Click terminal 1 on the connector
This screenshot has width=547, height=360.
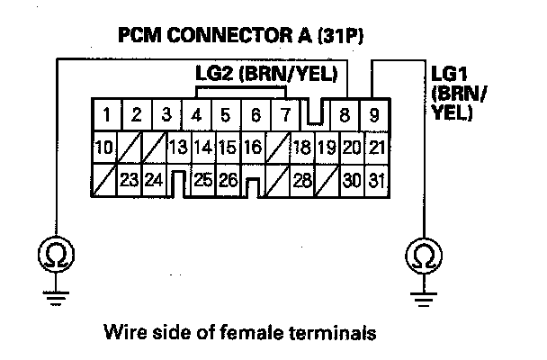(x=106, y=115)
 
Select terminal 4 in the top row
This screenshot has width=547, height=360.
(x=197, y=115)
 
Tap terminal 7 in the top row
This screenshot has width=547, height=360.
(x=285, y=115)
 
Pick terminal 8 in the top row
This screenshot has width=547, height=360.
(x=346, y=115)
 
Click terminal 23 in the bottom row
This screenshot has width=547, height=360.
(x=129, y=179)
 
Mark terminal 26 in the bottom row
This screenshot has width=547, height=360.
(x=228, y=179)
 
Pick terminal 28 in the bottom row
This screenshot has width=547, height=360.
(x=302, y=179)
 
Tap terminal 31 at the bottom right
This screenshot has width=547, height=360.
(x=376, y=179)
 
